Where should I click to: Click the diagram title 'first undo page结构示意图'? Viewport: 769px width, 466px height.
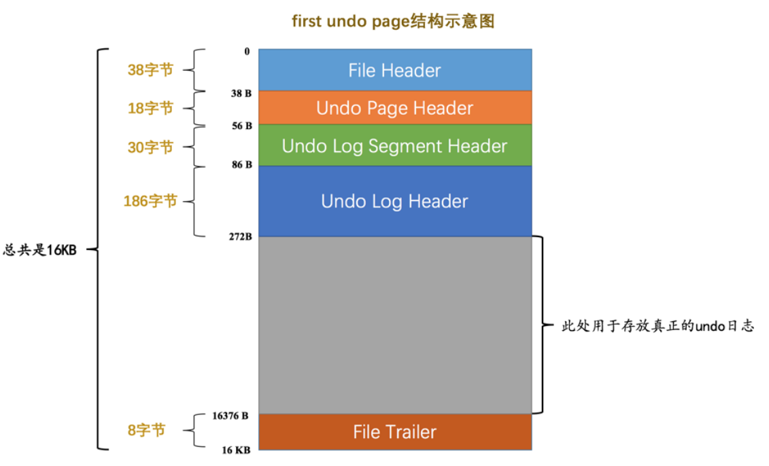(393, 22)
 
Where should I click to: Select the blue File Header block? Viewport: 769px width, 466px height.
(394, 70)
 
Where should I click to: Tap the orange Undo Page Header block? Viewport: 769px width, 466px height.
(394, 108)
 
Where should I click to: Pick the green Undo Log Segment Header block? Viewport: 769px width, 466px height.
(394, 145)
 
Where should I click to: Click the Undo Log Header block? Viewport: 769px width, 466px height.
(394, 201)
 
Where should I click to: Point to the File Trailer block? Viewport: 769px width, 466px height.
(394, 431)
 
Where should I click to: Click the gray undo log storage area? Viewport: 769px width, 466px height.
(394, 325)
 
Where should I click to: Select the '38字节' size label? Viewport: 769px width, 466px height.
(150, 70)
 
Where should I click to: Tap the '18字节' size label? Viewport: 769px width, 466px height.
(150, 108)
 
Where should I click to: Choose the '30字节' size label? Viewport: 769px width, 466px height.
(150, 147)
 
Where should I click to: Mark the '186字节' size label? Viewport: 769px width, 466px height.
(150, 201)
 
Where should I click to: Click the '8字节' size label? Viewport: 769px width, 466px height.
(146, 431)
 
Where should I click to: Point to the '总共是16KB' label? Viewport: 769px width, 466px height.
(40, 250)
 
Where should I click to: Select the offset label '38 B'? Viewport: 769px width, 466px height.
(241, 94)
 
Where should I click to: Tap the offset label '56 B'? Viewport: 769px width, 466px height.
(241, 126)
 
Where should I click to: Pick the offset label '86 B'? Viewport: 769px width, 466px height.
(241, 164)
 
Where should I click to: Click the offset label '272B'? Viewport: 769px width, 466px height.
(241, 236)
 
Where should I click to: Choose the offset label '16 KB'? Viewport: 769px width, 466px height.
(236, 450)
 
